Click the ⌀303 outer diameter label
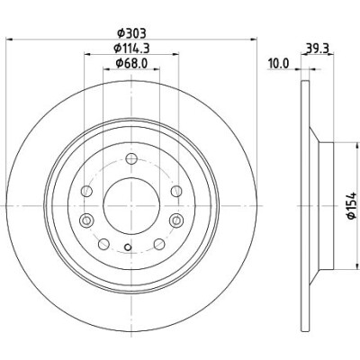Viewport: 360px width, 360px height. click(x=131, y=33)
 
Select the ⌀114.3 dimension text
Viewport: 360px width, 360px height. click(x=131, y=48)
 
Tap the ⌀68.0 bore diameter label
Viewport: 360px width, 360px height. click(x=131, y=63)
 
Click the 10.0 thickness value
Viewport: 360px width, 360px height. click(x=279, y=64)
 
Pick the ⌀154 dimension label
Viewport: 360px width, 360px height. click(x=351, y=206)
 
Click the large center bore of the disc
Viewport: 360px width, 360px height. click(x=131, y=206)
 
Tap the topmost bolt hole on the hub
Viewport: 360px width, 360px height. click(x=131, y=158)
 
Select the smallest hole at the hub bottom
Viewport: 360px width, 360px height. click(x=128, y=247)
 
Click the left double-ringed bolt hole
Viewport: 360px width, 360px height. click(x=86, y=220)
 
